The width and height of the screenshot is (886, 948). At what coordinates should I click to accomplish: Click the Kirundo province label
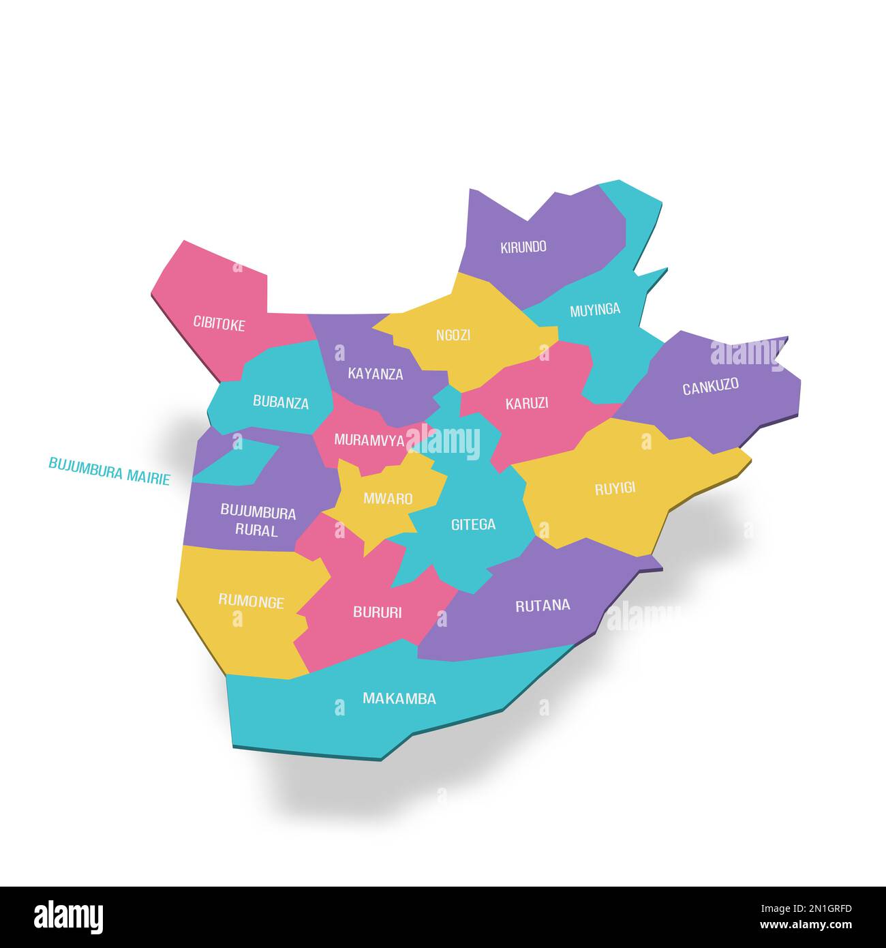pyautogui.click(x=523, y=247)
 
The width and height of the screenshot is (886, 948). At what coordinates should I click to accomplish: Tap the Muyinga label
pyautogui.click(x=595, y=310)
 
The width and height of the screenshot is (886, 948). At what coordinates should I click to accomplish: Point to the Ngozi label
pyautogui.click(x=453, y=336)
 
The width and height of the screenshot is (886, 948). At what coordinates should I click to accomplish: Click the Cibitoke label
pyautogui.click(x=219, y=323)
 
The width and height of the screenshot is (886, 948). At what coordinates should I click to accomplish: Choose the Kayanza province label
pyautogui.click(x=376, y=374)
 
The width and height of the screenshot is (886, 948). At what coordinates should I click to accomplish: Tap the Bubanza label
pyautogui.click(x=281, y=402)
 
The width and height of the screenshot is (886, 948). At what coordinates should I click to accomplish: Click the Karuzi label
pyautogui.click(x=527, y=403)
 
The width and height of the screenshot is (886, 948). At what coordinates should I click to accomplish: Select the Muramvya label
pyautogui.click(x=369, y=440)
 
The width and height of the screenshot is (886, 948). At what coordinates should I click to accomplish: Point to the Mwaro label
pyautogui.click(x=388, y=499)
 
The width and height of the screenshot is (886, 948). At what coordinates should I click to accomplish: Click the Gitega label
pyautogui.click(x=473, y=524)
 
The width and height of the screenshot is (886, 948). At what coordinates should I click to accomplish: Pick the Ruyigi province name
pyautogui.click(x=615, y=488)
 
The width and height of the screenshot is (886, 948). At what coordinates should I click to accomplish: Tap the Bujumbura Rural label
pyautogui.click(x=258, y=521)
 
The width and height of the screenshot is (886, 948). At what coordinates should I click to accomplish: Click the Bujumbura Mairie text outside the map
pyautogui.click(x=109, y=471)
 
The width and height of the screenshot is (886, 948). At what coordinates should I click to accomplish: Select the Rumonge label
pyautogui.click(x=251, y=602)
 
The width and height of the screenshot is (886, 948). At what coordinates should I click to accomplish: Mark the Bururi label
pyautogui.click(x=377, y=612)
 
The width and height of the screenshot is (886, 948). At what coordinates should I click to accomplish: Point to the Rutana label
pyautogui.click(x=543, y=605)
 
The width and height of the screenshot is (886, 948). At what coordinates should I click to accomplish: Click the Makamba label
pyautogui.click(x=399, y=698)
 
